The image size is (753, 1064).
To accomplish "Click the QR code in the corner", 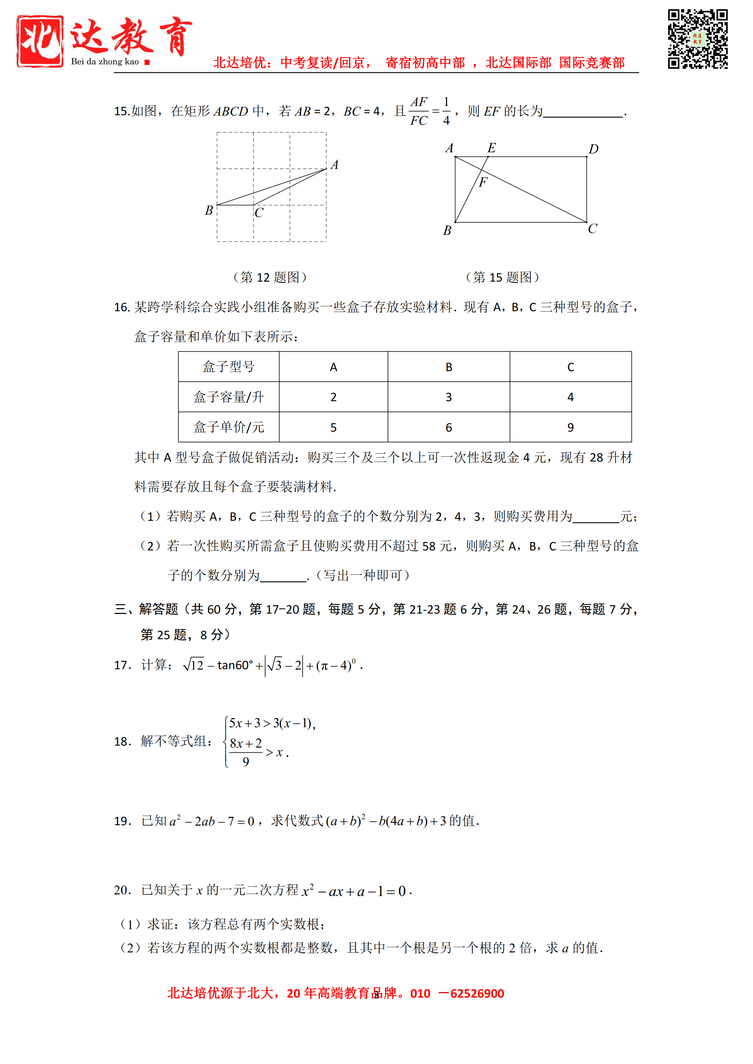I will point(697,39).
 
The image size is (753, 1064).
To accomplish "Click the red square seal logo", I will point(40,41).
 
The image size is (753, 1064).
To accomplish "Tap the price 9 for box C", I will point(570,427).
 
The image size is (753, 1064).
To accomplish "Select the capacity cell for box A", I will point(333,397).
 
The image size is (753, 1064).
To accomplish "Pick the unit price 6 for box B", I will point(448,427).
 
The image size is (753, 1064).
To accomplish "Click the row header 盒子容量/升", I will point(229,397).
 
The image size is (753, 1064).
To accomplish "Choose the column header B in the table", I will point(448,367).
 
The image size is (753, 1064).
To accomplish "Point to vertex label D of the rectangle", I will point(594,149).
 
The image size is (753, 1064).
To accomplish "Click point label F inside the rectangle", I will point(483,182).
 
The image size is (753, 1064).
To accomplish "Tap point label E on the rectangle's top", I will point(492,148).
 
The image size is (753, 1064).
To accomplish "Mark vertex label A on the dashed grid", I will point(334,164).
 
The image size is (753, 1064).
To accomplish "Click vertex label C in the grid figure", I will point(259,213).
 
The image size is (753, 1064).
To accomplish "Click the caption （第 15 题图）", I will point(503,277).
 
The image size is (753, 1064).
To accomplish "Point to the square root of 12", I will point(193,666).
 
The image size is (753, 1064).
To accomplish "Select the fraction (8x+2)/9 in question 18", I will point(246,752).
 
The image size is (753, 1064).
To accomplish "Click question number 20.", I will point(122,890).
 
